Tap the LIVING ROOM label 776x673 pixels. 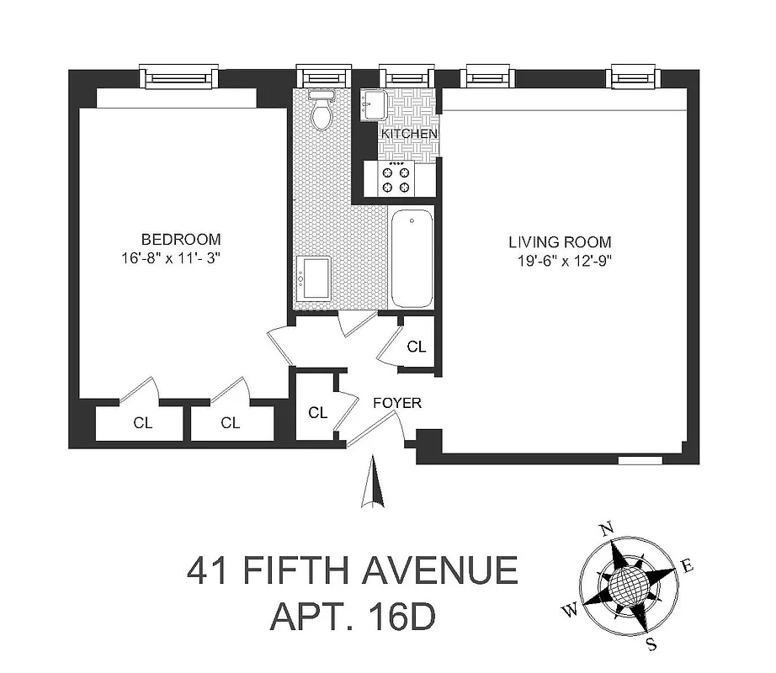pyautogui.click(x=560, y=241)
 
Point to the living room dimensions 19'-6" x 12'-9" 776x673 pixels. pyautogui.click(x=563, y=262)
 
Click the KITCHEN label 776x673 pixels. pyautogui.click(x=409, y=134)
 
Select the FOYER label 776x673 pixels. pyautogui.click(x=397, y=404)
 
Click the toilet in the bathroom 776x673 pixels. pyautogui.click(x=321, y=111)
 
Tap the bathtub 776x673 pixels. pyautogui.click(x=412, y=260)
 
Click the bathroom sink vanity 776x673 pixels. pyautogui.click(x=316, y=278)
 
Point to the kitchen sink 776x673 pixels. pyautogui.click(x=374, y=105)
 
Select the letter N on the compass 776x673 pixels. pyautogui.click(x=603, y=529)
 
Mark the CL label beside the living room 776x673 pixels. pyautogui.click(x=416, y=347)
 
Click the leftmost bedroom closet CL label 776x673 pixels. pyautogui.click(x=142, y=423)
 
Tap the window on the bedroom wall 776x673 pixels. pyautogui.click(x=178, y=78)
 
